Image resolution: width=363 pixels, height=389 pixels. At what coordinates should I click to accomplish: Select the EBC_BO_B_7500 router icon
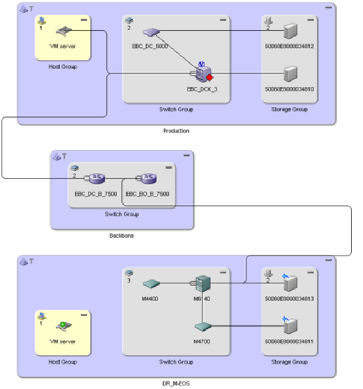point(148,179)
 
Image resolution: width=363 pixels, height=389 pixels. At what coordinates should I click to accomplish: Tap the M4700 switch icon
point(202,327)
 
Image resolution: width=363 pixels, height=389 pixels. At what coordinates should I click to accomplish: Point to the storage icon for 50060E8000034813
point(290,283)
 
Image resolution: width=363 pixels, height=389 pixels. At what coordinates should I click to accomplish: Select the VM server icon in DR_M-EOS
point(62,327)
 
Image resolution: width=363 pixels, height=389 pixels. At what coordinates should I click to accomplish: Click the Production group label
point(176,130)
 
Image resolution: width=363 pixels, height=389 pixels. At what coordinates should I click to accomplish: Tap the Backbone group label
point(121,236)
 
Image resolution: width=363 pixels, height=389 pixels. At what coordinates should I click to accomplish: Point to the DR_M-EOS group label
point(176,383)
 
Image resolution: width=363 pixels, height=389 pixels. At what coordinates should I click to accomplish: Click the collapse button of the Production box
point(329,8)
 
